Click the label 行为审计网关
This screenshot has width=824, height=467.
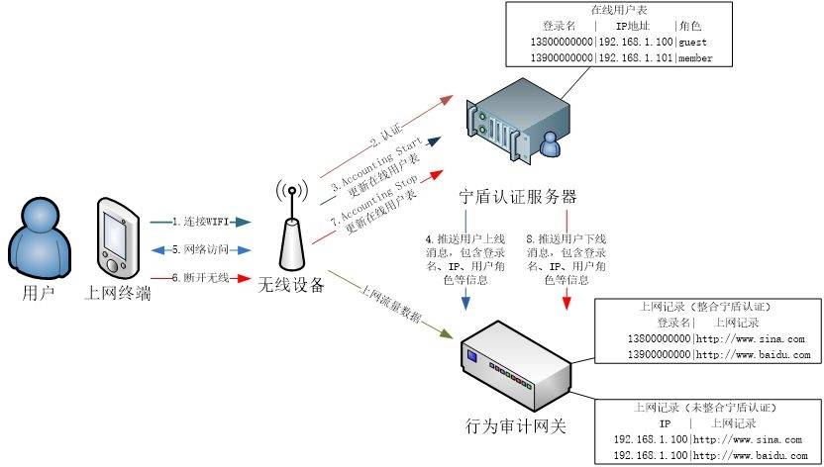click(516, 427)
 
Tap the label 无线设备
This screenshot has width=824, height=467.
click(291, 286)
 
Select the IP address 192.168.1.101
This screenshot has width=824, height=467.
click(636, 59)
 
